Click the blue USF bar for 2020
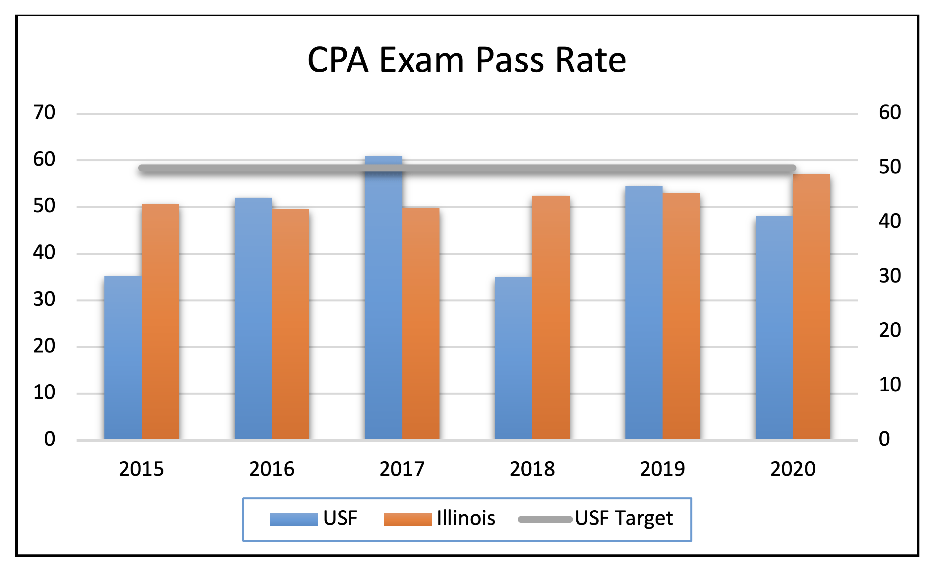coord(774,328)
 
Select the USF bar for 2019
coord(644,312)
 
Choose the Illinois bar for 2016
coord(290,324)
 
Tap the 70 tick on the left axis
coord(44,113)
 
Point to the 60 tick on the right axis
coord(890,113)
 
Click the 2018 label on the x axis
coord(532,469)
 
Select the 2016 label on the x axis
coord(272,469)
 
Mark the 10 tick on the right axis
coord(890,384)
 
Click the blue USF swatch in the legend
coord(293,519)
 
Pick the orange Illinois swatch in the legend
coord(407,519)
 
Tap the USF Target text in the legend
coord(623,518)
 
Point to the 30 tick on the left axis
coord(44,299)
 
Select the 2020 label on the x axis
coord(792,469)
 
